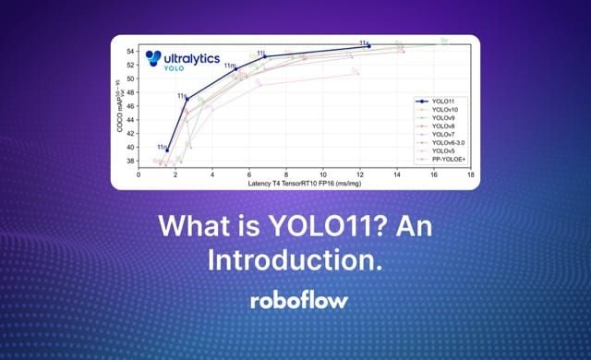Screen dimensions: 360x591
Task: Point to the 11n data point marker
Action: pos(166,150)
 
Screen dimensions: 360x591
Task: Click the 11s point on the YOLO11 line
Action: pos(187,99)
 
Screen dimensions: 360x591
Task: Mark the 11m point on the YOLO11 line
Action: pos(235,68)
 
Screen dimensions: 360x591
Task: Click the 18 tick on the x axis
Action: pos(471,174)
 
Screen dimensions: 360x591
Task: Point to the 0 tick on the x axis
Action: pos(139,174)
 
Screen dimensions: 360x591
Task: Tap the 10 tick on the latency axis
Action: pos(323,174)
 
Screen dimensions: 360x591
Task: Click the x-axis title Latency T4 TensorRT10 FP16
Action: pos(304,183)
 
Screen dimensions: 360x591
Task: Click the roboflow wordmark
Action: pos(295,302)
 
